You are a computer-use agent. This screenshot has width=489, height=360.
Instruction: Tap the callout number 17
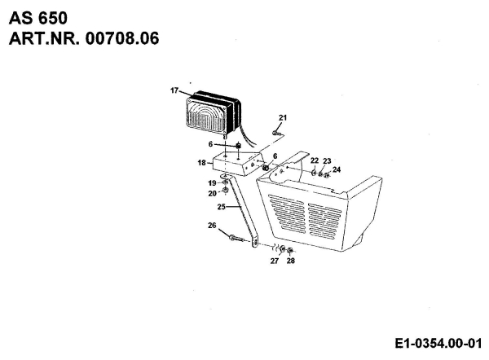pos(174,90)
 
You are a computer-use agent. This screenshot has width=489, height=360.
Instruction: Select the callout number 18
pos(201,164)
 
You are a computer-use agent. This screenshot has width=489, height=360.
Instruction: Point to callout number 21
pos(283,118)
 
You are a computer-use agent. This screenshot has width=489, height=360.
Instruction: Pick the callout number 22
pos(315,161)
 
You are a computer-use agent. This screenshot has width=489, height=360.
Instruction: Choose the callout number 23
pos(327,161)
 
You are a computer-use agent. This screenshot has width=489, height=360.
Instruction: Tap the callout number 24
pos(337,169)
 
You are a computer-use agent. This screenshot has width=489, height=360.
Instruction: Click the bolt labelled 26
pos(234,238)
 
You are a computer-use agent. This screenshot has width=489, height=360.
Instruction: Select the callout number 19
pos(211,183)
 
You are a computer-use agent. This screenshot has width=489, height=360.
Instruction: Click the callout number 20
pos(211,193)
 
